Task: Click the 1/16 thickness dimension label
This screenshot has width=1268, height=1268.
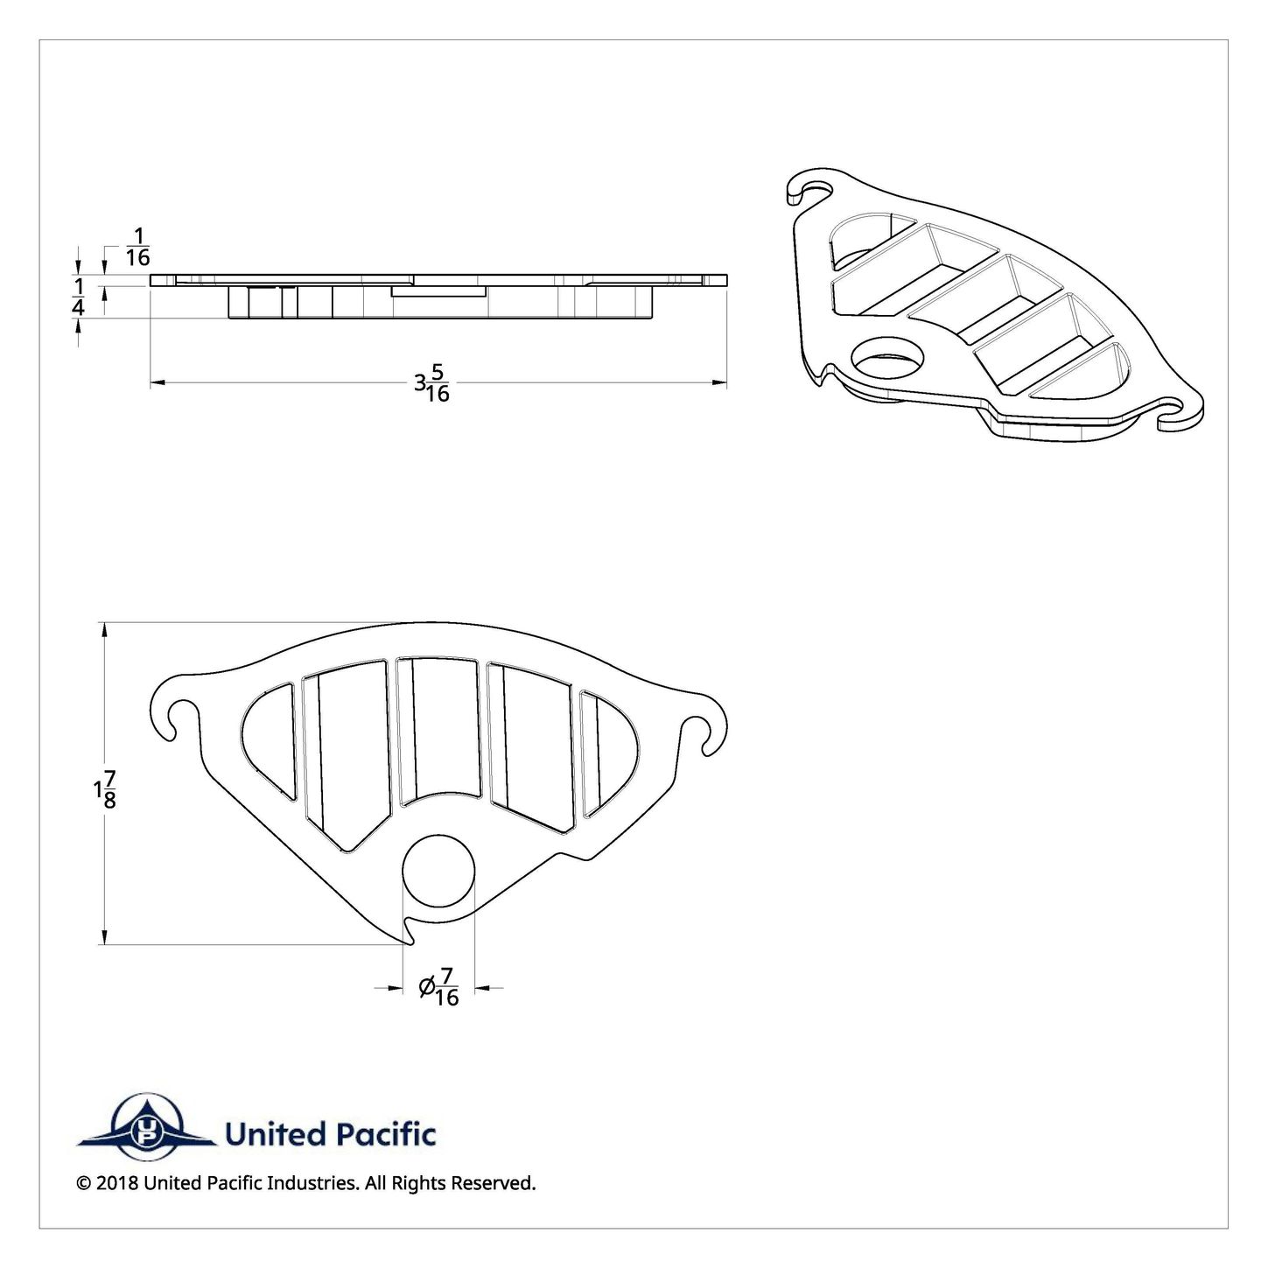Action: [137, 247]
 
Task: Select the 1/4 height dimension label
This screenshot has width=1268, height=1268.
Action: [78, 297]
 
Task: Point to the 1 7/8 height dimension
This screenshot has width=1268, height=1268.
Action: [105, 789]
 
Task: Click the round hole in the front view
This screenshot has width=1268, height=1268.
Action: [438, 871]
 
